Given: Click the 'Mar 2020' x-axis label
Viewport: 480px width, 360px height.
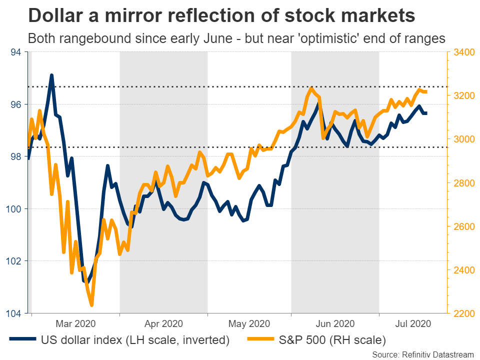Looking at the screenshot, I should pos(76,323).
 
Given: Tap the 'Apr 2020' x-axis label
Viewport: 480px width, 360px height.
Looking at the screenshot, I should pos(163,323).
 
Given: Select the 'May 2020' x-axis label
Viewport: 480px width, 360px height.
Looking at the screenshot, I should pos(249,323).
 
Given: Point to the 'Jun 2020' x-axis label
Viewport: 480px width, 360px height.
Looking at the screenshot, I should pos(335,323).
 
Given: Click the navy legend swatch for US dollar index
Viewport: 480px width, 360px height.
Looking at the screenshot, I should pos(22,340).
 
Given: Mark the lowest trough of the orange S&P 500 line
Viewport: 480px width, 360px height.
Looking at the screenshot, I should pos(91,304).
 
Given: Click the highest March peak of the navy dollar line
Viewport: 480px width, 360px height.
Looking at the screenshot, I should pos(51,75).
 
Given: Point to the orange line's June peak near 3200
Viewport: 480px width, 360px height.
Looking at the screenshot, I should pos(311,88).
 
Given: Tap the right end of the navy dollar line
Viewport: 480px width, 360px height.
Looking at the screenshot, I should pos(425,113).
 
